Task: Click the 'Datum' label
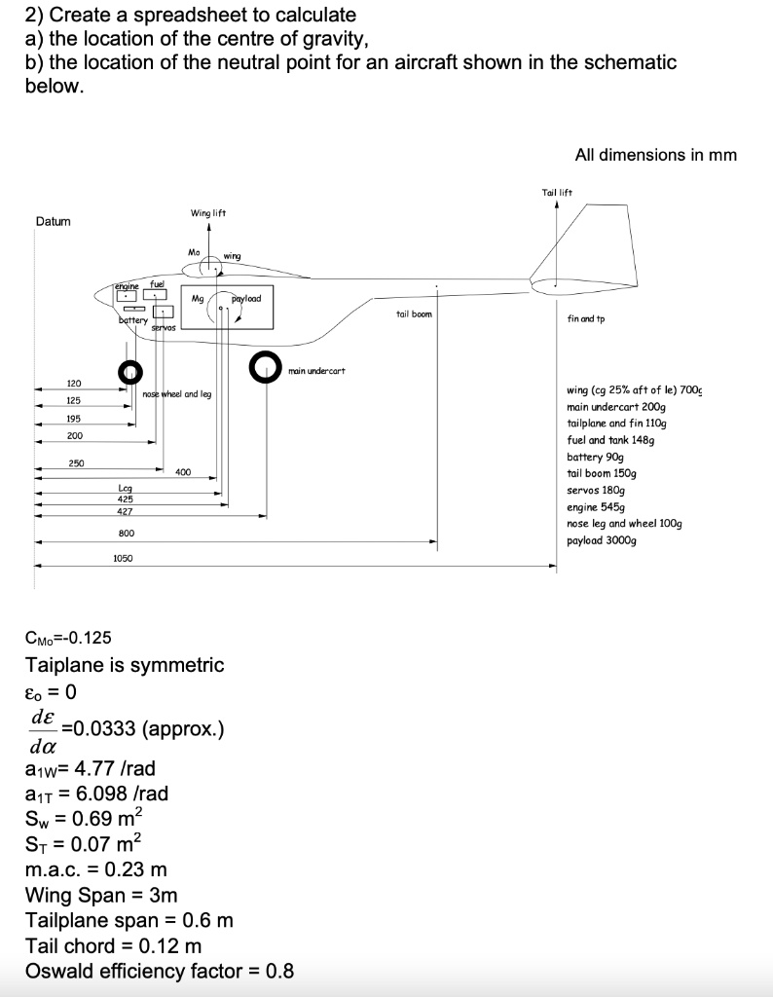pos(53,221)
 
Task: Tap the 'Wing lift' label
pos(208,212)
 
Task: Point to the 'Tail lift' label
pos(556,193)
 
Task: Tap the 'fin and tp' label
pos(585,318)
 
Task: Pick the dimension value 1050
pos(123,558)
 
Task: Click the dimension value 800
pos(126,534)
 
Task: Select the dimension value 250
pos(77,462)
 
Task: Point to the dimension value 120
pos(73,384)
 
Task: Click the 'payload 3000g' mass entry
pos(601,539)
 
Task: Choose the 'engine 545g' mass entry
pos(592,506)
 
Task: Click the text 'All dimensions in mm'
pos(655,155)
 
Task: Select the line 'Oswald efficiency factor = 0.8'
pos(160,971)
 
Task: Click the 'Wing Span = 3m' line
pos(101,895)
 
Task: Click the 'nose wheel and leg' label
pos(176,394)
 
